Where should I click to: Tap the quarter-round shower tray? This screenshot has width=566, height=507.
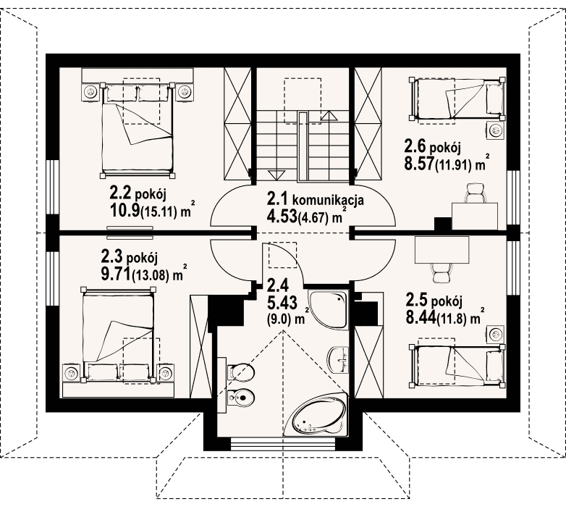328,309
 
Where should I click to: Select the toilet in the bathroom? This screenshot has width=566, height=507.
240,372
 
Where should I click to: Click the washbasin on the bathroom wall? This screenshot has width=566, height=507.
338,359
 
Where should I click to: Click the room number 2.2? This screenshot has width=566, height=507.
121,195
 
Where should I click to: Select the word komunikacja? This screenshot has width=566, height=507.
328,201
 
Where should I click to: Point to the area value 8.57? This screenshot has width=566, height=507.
420,164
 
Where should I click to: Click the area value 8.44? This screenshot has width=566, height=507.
421,318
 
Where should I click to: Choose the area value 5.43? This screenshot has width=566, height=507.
282,303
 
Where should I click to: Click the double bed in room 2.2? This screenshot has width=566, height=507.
138,130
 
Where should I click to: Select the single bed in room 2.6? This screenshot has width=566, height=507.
457,99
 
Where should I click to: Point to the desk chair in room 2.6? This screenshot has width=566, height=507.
476,193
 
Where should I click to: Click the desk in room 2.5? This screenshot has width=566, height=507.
442,250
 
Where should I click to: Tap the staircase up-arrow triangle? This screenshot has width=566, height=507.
328,116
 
